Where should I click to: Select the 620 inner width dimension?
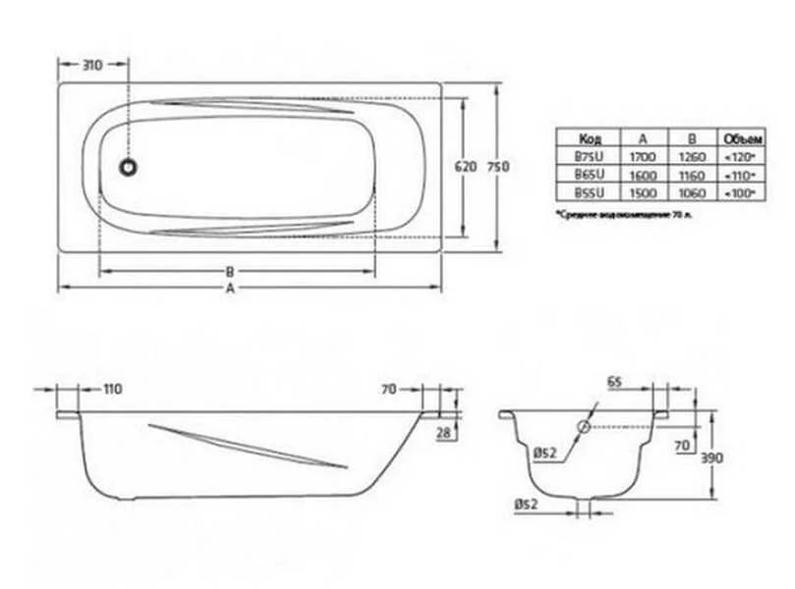(x=465, y=167)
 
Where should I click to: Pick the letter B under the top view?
(x=229, y=272)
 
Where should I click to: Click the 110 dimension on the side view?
(x=111, y=390)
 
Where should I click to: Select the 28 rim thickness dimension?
(x=444, y=433)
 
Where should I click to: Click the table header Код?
(x=586, y=137)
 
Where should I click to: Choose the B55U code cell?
(x=587, y=192)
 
